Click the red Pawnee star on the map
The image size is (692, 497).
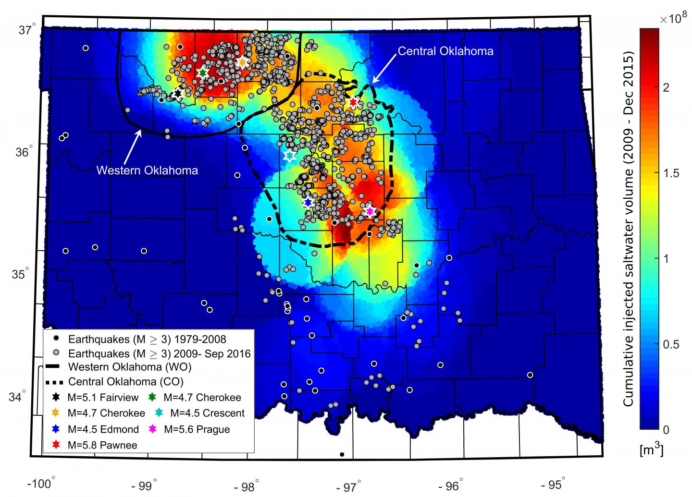353,102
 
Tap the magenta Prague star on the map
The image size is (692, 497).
370,211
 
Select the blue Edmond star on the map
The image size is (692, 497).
308,202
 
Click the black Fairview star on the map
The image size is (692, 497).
178,93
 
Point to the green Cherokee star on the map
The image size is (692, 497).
202,73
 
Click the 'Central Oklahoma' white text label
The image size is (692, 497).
445,51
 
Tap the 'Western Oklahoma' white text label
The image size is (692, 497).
147,170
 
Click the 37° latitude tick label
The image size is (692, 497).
28,30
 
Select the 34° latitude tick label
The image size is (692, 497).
28,397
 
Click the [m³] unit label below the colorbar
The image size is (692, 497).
652,450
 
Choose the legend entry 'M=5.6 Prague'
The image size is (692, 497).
197,429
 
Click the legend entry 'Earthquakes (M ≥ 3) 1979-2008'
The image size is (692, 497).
147,339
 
